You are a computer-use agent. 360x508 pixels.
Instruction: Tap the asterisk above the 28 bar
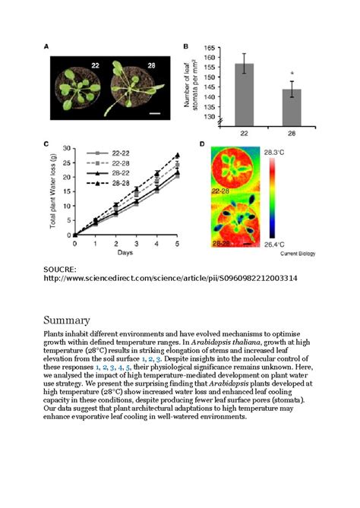tap(292, 76)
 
